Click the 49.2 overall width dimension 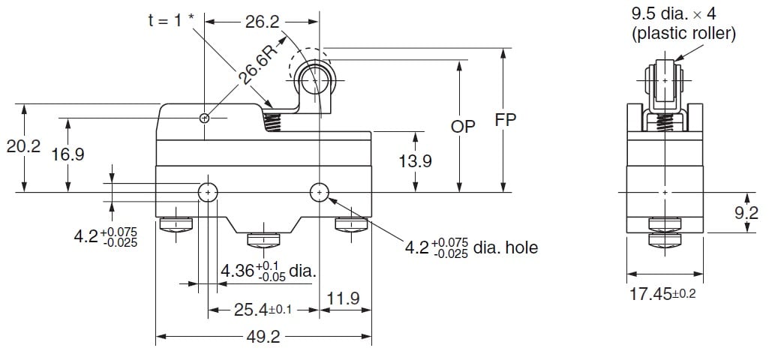(263, 337)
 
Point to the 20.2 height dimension (23, 147)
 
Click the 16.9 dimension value (68, 154)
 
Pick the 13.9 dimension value (415, 161)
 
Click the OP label (463, 127)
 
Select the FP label (506, 120)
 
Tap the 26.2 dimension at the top (262, 23)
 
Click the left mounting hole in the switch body (207, 193)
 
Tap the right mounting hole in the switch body (320, 193)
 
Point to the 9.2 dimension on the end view (746, 214)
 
